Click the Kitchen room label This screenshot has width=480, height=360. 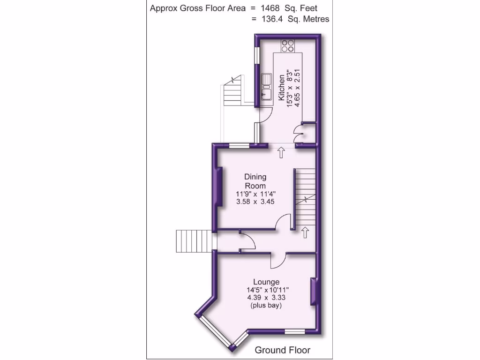281,88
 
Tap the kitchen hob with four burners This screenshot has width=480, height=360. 288,45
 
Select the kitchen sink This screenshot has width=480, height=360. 267,87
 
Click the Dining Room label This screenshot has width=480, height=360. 255,181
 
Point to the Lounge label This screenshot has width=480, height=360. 266,282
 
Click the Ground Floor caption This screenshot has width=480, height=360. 282,350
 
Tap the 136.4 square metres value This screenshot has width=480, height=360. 274,19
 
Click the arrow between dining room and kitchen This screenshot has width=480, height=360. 282,152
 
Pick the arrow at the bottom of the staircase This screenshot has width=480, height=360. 305,232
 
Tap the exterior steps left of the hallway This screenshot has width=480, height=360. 193,241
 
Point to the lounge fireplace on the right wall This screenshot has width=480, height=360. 313,292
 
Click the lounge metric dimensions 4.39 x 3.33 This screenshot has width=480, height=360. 266,298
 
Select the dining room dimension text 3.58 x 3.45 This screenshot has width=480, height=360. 255,202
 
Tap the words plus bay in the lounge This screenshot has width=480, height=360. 266,306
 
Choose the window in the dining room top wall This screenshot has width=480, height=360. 239,145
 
